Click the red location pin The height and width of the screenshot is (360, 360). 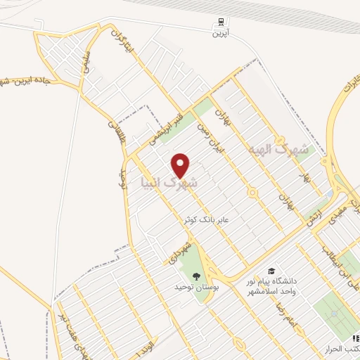click(x=181, y=165)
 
